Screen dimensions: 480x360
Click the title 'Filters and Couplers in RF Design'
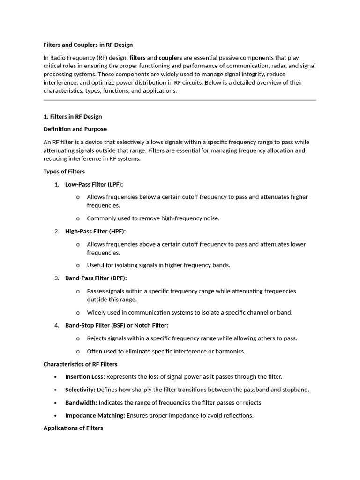[88, 45]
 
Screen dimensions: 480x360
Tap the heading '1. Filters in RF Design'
[73, 117]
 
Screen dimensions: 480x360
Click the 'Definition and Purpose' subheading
[75, 129]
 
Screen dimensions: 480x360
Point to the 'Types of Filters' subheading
[64, 172]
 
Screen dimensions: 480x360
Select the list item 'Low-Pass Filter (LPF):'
[94, 184]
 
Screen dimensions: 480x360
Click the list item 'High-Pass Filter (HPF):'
[95, 231]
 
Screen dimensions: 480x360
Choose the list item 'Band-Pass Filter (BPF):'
[96, 278]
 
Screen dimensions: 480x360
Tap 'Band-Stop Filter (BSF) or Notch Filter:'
[116, 325]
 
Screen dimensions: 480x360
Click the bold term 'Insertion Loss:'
[85, 376]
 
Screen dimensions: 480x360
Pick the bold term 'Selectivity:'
[80, 390]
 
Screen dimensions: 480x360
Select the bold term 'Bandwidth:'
[81, 402]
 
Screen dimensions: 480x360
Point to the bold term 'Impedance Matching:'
[95, 415]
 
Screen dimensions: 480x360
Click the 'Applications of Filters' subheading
[73, 428]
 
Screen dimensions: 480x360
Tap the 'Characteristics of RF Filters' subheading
[80, 364]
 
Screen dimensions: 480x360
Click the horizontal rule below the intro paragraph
[180, 100]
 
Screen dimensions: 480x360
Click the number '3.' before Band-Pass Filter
[57, 278]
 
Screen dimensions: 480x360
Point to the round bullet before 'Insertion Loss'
[56, 377]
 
